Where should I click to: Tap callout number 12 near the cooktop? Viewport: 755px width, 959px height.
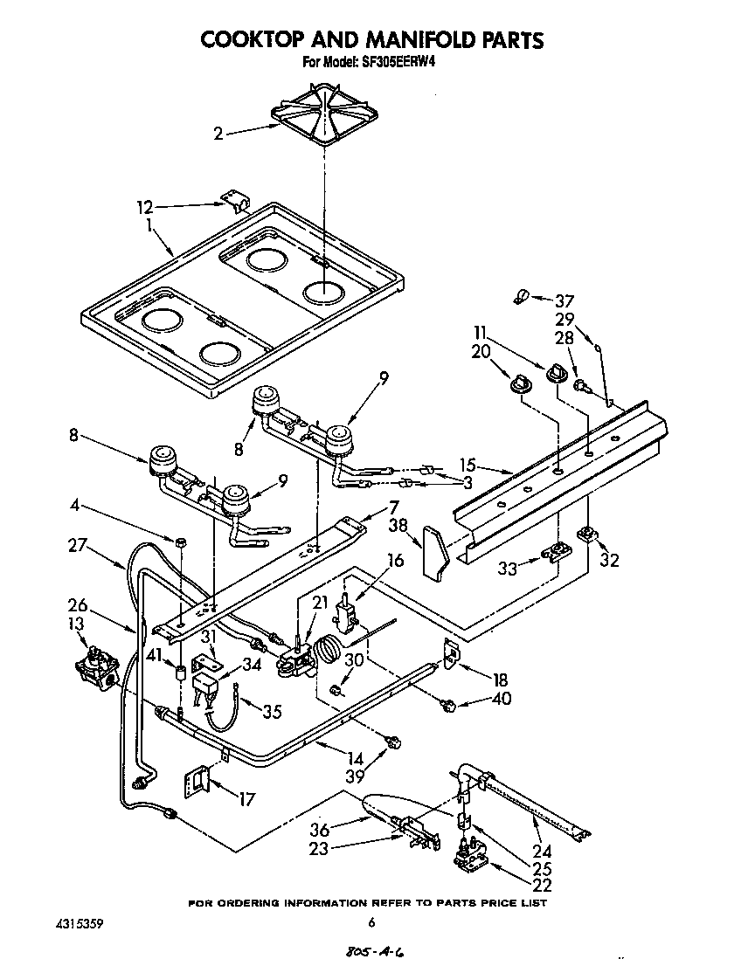[x=145, y=207]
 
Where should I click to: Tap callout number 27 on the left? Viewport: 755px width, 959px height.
[x=77, y=543]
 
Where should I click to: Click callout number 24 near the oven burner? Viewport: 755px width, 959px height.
[x=544, y=852]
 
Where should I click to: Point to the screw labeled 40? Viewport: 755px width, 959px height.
[x=449, y=704]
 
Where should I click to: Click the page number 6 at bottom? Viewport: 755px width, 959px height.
[x=371, y=922]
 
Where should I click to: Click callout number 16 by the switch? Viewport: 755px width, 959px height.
[x=395, y=561]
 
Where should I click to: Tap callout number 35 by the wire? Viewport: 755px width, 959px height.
[x=272, y=711]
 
